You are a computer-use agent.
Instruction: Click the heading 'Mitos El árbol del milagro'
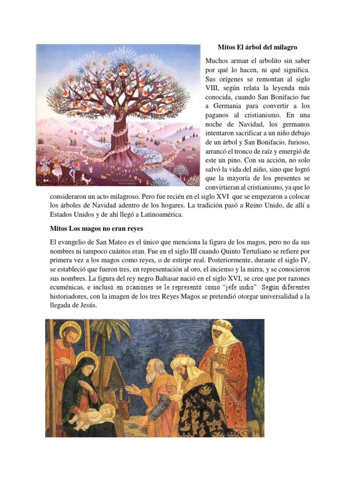click(x=258, y=47)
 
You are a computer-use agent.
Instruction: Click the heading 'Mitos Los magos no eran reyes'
click(x=97, y=228)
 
